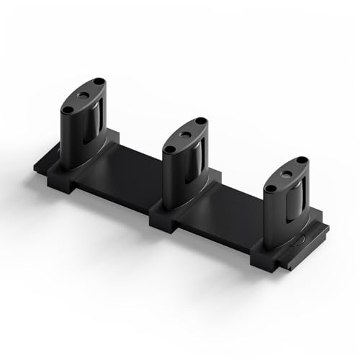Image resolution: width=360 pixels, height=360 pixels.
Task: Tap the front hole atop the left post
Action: [x=68, y=109]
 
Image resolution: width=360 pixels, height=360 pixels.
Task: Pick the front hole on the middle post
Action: [x=171, y=149]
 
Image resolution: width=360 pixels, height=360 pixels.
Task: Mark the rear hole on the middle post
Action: [x=201, y=122]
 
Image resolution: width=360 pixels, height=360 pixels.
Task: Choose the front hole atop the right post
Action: [x=271, y=189]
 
